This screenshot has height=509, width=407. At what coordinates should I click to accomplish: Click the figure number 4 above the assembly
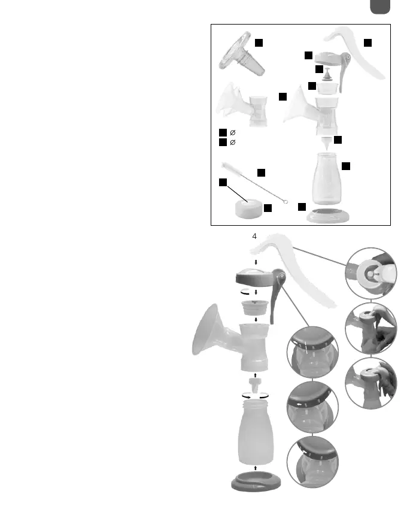254,237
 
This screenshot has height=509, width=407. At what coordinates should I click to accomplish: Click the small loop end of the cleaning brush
286,202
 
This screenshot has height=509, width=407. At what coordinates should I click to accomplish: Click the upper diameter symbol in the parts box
233,132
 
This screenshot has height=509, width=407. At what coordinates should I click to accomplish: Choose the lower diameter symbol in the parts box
233,143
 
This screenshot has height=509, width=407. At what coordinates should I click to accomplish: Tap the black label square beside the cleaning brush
261,172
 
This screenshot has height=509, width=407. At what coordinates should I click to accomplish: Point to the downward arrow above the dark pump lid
256,262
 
